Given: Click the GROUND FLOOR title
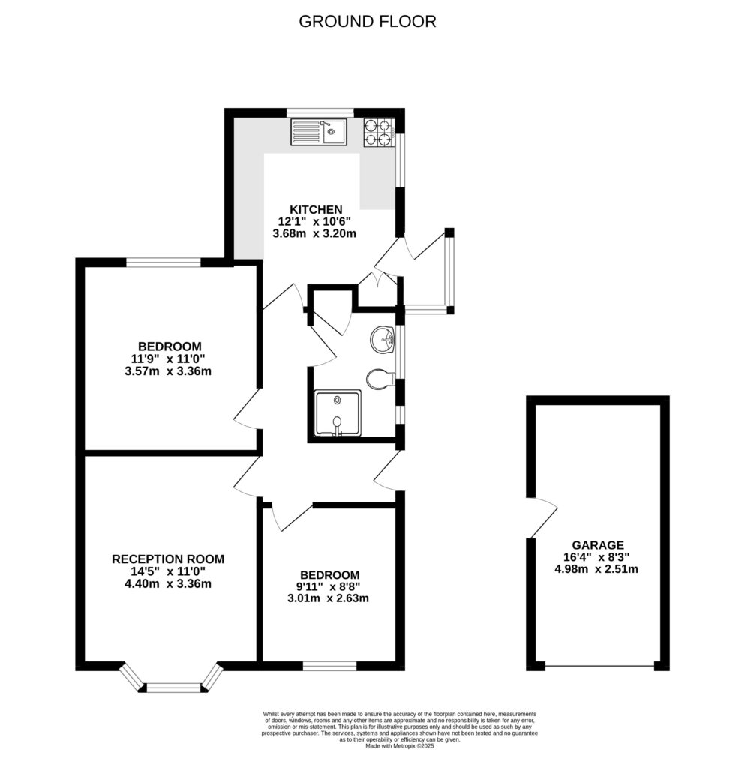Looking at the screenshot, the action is (x=368, y=22).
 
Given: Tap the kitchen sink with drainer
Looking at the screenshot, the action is (x=318, y=132).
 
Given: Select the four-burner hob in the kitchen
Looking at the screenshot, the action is (x=379, y=133).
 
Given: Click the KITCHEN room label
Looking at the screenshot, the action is (x=316, y=210).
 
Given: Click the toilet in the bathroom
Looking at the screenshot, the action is (x=380, y=379).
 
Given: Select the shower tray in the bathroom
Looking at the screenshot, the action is (x=338, y=413).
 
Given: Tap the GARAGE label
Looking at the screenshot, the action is (x=598, y=545).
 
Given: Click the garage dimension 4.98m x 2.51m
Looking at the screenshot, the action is (x=596, y=569).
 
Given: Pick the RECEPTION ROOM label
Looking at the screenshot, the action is (x=168, y=559).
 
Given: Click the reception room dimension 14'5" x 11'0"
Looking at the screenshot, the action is (x=167, y=571).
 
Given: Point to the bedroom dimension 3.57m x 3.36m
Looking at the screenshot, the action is (x=168, y=371).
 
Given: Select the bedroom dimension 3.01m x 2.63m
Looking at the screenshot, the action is (x=328, y=598).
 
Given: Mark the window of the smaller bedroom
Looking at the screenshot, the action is (x=329, y=666).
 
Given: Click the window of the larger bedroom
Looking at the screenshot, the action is (x=164, y=262).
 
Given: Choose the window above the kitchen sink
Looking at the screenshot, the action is (x=320, y=112).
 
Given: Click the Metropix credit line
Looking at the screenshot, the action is (x=400, y=746).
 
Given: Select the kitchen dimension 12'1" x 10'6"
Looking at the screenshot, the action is (x=315, y=221).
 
